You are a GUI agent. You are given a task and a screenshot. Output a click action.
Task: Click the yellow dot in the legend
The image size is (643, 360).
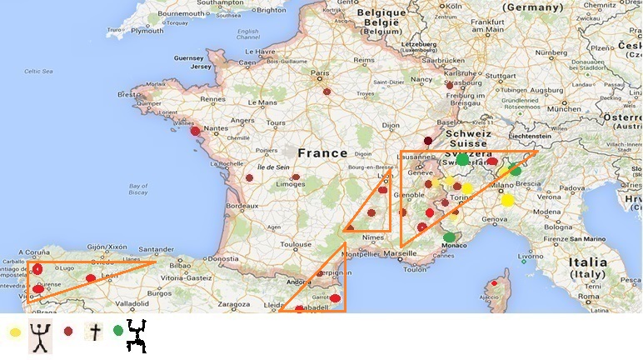click(x=15, y=332)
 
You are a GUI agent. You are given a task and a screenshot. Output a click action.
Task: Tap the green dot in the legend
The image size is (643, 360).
click(x=118, y=331)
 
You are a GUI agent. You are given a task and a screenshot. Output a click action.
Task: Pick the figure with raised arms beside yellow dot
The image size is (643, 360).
click(x=40, y=336)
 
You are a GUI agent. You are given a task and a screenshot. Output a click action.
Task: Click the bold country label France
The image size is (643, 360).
click(x=322, y=153)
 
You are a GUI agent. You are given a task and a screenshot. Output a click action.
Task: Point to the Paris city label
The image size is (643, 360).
click(x=321, y=73)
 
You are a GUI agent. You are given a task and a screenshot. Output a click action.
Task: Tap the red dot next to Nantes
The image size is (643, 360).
click(x=195, y=131)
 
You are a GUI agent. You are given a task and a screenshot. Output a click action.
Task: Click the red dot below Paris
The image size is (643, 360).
click(x=327, y=92)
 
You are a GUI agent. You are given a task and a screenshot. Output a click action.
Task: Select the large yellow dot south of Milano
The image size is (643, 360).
click(x=507, y=200)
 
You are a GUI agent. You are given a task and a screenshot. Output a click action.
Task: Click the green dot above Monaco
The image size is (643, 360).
click(x=450, y=237)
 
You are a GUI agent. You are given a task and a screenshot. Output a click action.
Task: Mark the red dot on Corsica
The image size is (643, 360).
click(x=494, y=283)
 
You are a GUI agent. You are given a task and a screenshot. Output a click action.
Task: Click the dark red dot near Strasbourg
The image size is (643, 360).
click(x=450, y=84)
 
